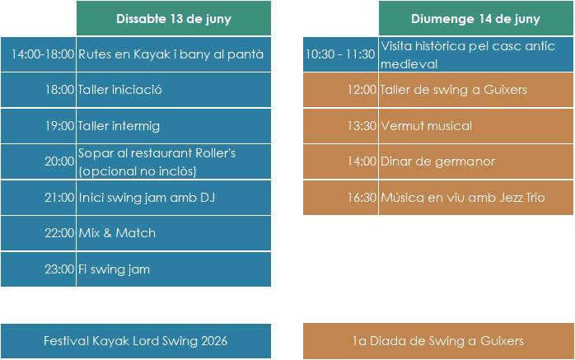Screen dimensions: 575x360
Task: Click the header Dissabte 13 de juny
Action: (x=174, y=19)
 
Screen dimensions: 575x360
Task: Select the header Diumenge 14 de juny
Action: (x=475, y=19)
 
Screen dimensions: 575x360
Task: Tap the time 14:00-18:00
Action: (x=43, y=54)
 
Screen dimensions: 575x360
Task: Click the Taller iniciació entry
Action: (x=119, y=90)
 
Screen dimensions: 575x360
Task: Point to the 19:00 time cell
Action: (x=59, y=126)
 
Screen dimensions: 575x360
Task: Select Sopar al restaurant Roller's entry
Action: (x=157, y=161)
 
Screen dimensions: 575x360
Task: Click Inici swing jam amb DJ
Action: (x=147, y=198)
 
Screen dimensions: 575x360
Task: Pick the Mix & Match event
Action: (x=117, y=233)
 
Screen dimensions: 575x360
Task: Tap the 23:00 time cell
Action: (x=59, y=269)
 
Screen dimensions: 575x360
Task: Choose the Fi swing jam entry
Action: (x=114, y=269)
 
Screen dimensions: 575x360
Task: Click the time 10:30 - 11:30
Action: (x=340, y=54)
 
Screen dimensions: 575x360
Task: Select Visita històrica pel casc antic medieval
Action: (x=468, y=54)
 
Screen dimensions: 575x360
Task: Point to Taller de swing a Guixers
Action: (x=454, y=90)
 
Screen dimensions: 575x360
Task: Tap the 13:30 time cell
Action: (x=362, y=126)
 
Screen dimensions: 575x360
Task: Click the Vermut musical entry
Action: (x=426, y=126)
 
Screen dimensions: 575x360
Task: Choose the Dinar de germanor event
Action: (x=437, y=161)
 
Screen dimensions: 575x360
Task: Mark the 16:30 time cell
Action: (x=362, y=198)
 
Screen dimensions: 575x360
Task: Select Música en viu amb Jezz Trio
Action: (x=463, y=198)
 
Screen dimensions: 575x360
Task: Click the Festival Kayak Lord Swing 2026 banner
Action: (x=136, y=341)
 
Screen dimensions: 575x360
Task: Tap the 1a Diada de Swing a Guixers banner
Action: (x=438, y=341)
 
